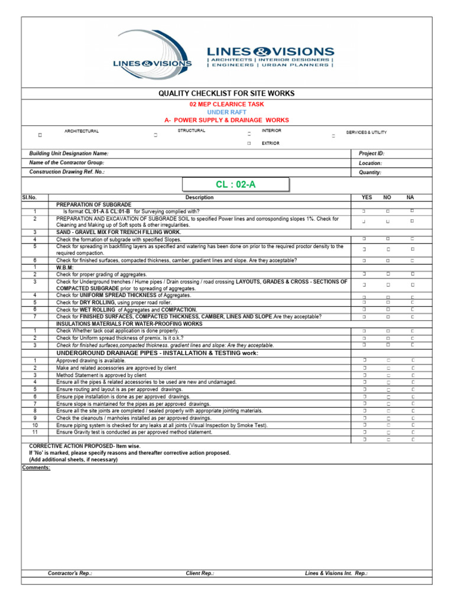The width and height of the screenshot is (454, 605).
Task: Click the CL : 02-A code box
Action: click(x=235, y=184)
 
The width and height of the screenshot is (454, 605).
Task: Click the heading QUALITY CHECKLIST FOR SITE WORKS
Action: click(x=226, y=94)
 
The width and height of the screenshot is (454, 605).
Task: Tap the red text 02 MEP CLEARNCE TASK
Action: click(x=226, y=103)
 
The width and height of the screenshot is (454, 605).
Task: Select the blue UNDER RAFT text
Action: click(x=226, y=112)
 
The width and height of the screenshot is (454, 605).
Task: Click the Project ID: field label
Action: click(x=372, y=153)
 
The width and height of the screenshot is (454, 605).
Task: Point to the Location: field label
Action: click(x=371, y=163)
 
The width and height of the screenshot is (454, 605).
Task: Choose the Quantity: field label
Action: click(x=370, y=173)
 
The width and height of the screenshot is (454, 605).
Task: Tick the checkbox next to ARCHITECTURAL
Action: click(x=40, y=135)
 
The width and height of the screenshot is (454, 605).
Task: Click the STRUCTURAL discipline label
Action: click(x=192, y=131)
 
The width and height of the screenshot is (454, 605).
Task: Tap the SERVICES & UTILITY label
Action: click(x=367, y=132)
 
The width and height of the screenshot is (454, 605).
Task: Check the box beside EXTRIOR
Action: click(x=249, y=144)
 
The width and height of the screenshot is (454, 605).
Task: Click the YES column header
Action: click(x=367, y=197)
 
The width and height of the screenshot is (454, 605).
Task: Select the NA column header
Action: click(x=410, y=197)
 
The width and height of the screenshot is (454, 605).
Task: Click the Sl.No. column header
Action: click(x=29, y=197)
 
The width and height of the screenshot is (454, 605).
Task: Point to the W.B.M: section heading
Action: click(x=65, y=268)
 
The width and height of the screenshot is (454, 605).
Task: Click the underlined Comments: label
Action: click(x=36, y=467)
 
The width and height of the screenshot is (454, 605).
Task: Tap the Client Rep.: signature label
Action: click(x=200, y=573)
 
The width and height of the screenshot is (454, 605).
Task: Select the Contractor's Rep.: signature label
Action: click(x=70, y=573)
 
